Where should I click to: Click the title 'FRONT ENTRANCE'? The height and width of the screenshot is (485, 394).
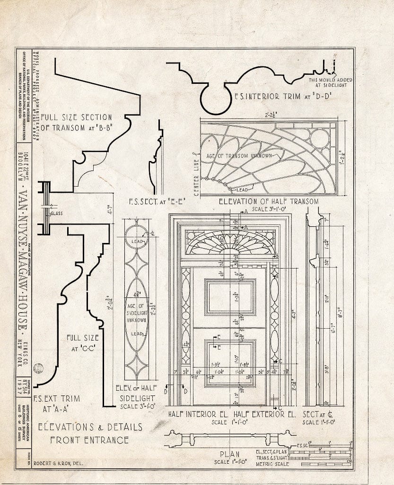coord(89,440)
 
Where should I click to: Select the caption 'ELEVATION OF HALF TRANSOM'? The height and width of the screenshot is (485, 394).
coord(268,201)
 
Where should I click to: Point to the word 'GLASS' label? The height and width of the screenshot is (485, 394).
coord(57,213)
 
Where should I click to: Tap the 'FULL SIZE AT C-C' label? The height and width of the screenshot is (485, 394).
coord(83,342)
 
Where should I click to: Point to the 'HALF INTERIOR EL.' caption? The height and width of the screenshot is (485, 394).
coord(199,414)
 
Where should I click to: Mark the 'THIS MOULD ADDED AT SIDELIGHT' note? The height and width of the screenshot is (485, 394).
coord(331,83)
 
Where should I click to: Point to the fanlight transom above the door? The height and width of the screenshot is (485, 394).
coord(230,242)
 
